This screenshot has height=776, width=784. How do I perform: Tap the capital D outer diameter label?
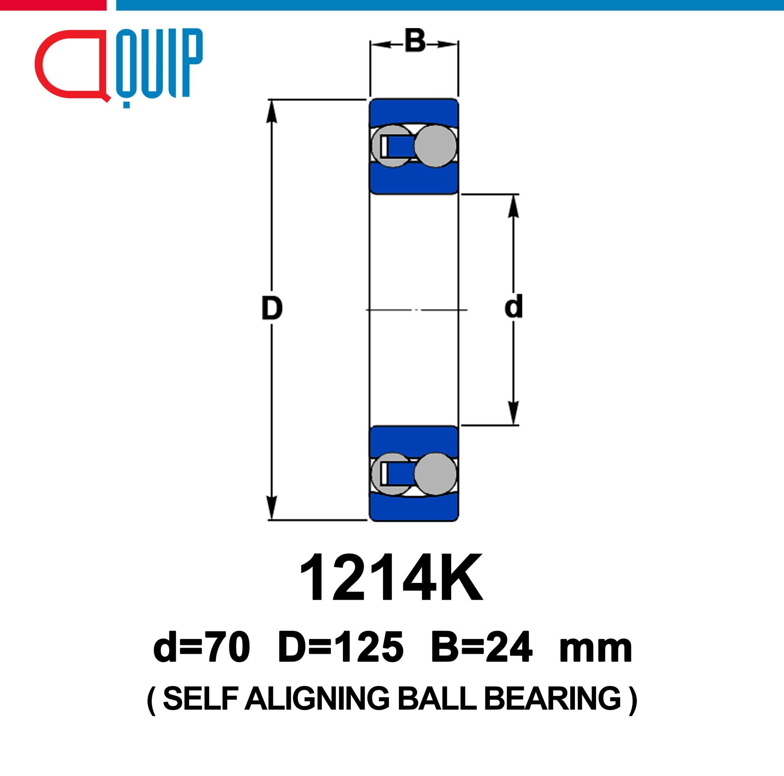click(x=272, y=309)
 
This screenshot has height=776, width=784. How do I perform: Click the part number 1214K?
click(x=391, y=578)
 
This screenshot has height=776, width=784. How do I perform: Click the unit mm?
click(x=596, y=651)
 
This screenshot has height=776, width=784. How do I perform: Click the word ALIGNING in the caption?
click(x=318, y=698)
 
